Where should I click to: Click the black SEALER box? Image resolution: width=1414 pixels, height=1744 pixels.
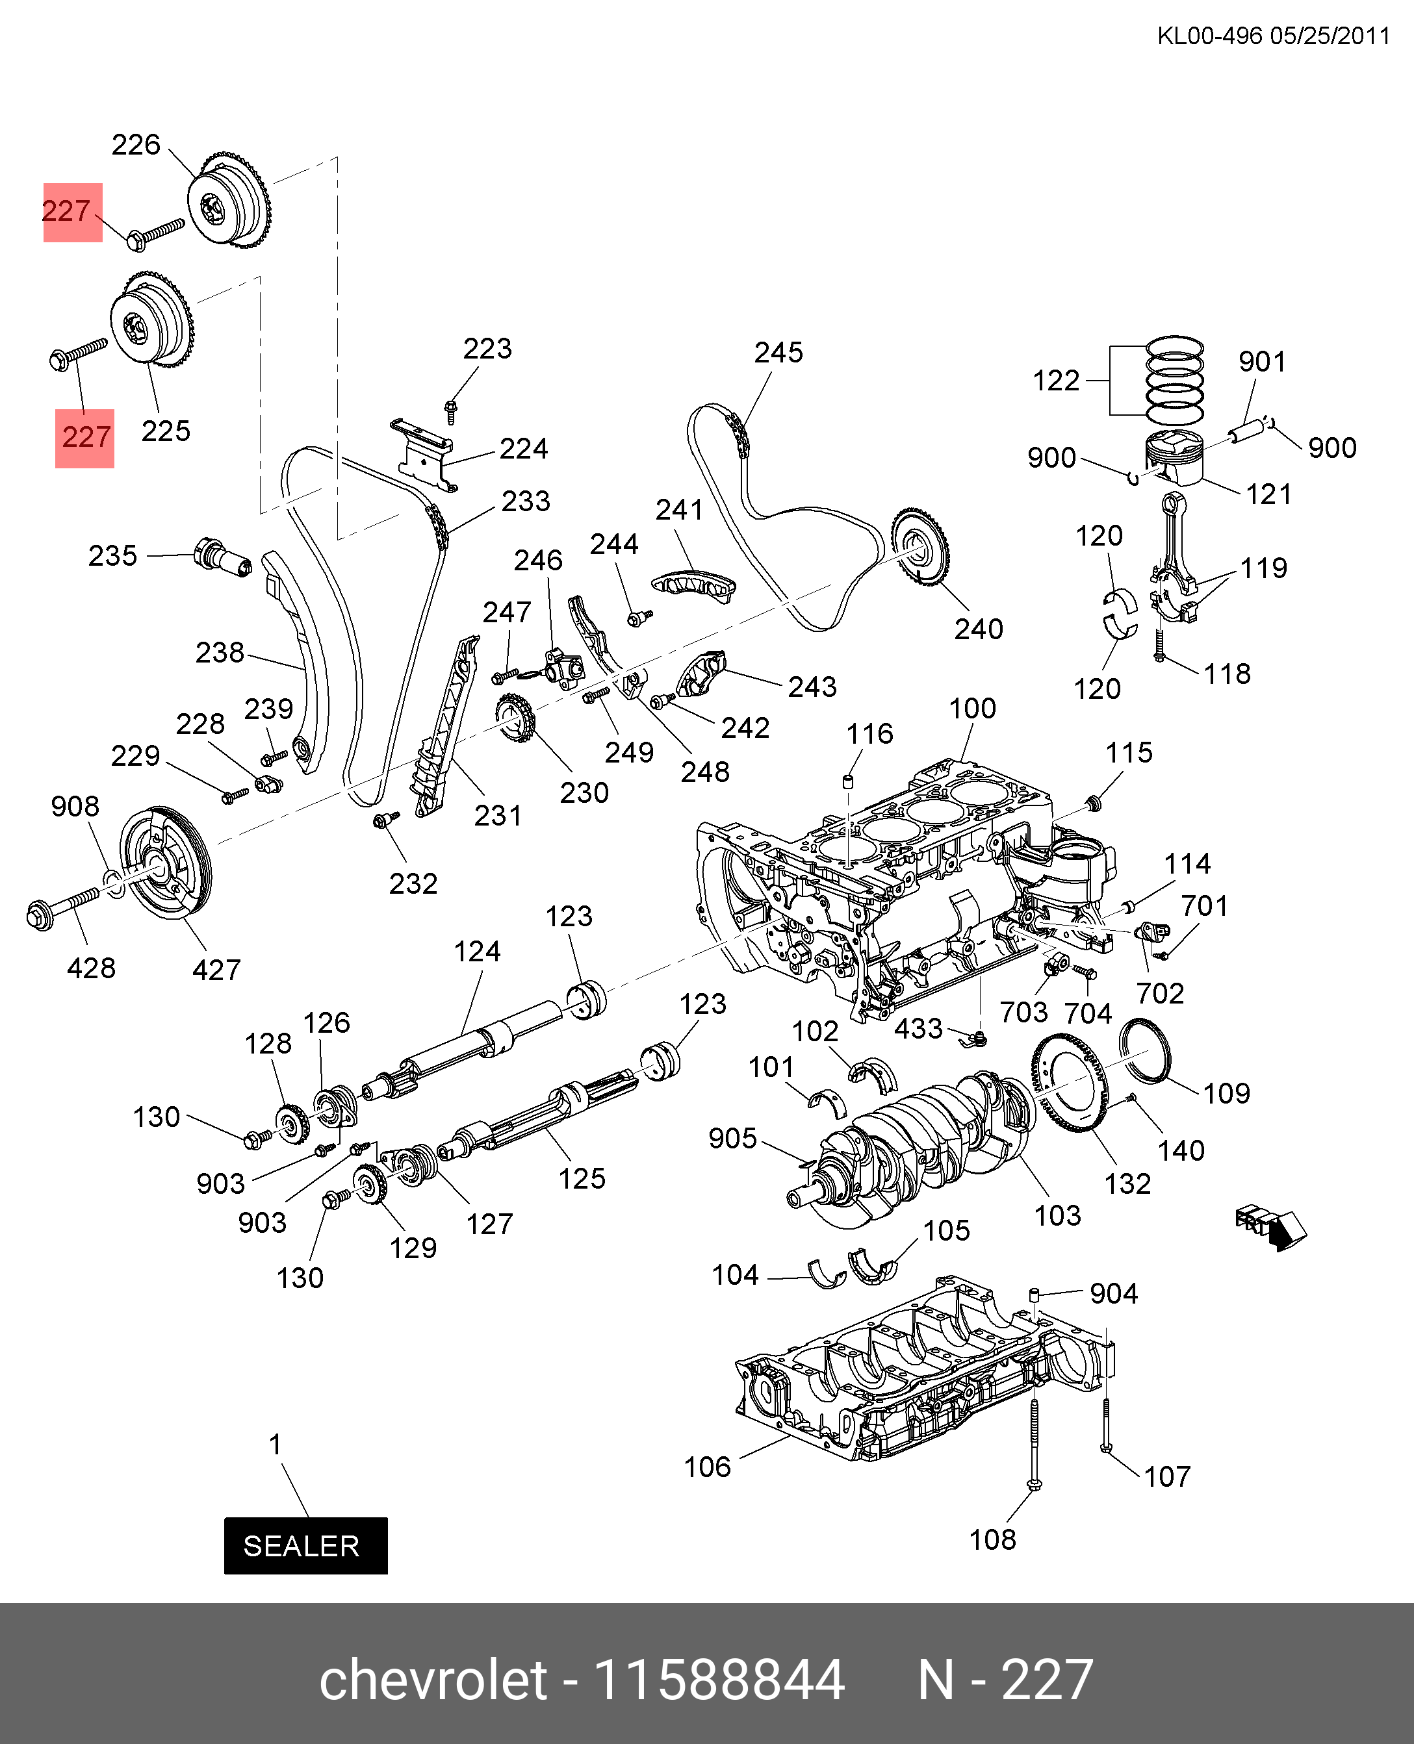point(305,1545)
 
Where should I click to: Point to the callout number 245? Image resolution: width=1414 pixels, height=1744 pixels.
point(778,353)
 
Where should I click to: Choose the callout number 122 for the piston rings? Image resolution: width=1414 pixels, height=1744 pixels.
point(1055,380)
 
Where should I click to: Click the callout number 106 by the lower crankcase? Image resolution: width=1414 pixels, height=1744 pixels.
point(707,1467)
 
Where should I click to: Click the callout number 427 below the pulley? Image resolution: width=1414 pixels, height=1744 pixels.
point(216,970)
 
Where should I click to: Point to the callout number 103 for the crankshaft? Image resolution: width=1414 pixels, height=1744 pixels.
point(1057,1215)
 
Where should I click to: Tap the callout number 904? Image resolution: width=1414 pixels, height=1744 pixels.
point(1113,1294)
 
